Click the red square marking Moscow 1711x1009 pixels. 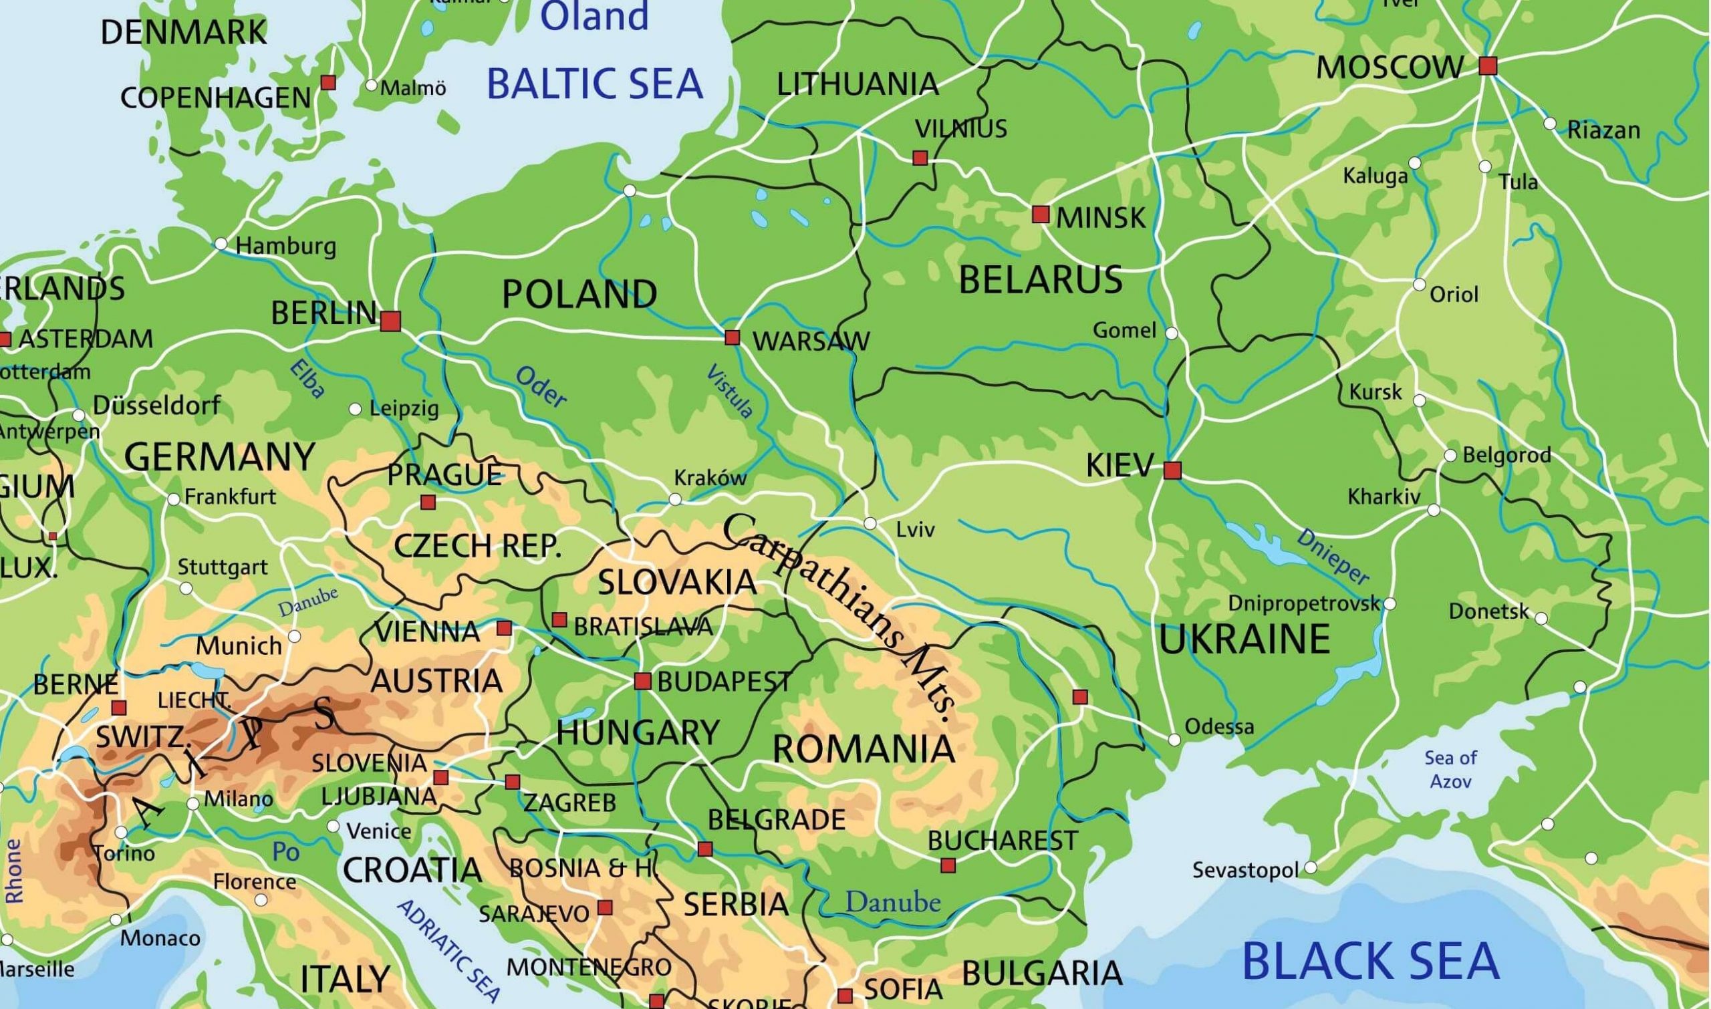pyautogui.click(x=1488, y=66)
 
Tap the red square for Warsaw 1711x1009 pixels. pyautogui.click(x=732, y=337)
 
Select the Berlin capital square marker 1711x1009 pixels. pyautogui.click(x=390, y=321)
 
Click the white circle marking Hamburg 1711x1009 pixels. pyautogui.click(x=221, y=243)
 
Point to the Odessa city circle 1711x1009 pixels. pyautogui.click(x=1174, y=740)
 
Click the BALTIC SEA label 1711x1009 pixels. pyautogui.click(x=594, y=84)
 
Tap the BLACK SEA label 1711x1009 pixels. pyautogui.click(x=1369, y=961)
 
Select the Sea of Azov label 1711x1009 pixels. pyautogui.click(x=1450, y=769)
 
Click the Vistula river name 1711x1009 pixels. pyautogui.click(x=730, y=391)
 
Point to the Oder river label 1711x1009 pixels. pyautogui.click(x=541, y=387)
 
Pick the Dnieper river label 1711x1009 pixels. pyautogui.click(x=1331, y=556)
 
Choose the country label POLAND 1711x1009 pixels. pyautogui.click(x=579, y=295)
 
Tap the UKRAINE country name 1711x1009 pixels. pyautogui.click(x=1244, y=639)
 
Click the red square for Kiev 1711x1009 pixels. pyautogui.click(x=1172, y=470)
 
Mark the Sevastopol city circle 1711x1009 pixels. pyautogui.click(x=1311, y=867)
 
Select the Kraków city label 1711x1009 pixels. pyautogui.click(x=709, y=478)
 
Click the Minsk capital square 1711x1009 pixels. pyautogui.click(x=1041, y=215)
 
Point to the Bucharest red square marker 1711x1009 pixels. pyautogui.click(x=948, y=865)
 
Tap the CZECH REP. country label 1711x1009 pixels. pyautogui.click(x=477, y=546)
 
